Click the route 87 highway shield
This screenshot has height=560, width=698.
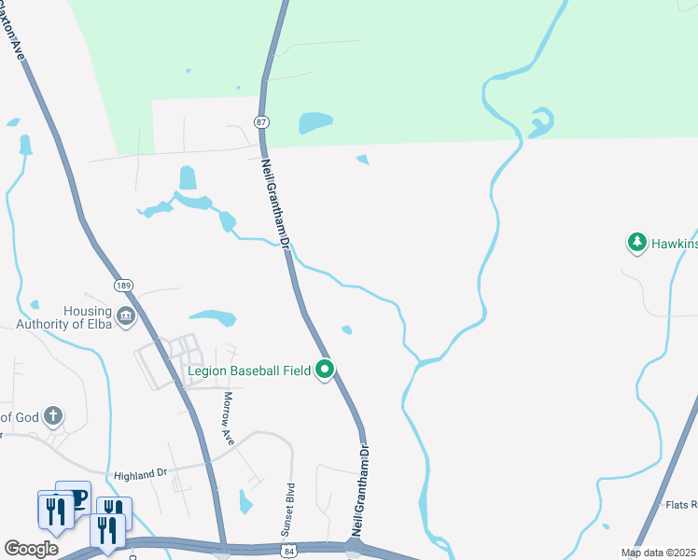click(260, 122)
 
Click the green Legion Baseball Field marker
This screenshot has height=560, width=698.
click(325, 371)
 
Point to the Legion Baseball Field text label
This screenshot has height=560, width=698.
click(246, 371)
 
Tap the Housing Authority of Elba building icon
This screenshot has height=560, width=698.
click(126, 317)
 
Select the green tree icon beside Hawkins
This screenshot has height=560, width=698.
click(637, 244)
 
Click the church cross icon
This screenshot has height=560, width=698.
click(54, 416)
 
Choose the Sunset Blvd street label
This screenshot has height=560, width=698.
click(288, 509)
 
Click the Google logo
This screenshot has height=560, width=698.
click(31, 549)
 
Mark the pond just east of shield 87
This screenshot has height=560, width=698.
click(314, 123)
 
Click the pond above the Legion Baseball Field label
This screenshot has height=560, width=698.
click(214, 318)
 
